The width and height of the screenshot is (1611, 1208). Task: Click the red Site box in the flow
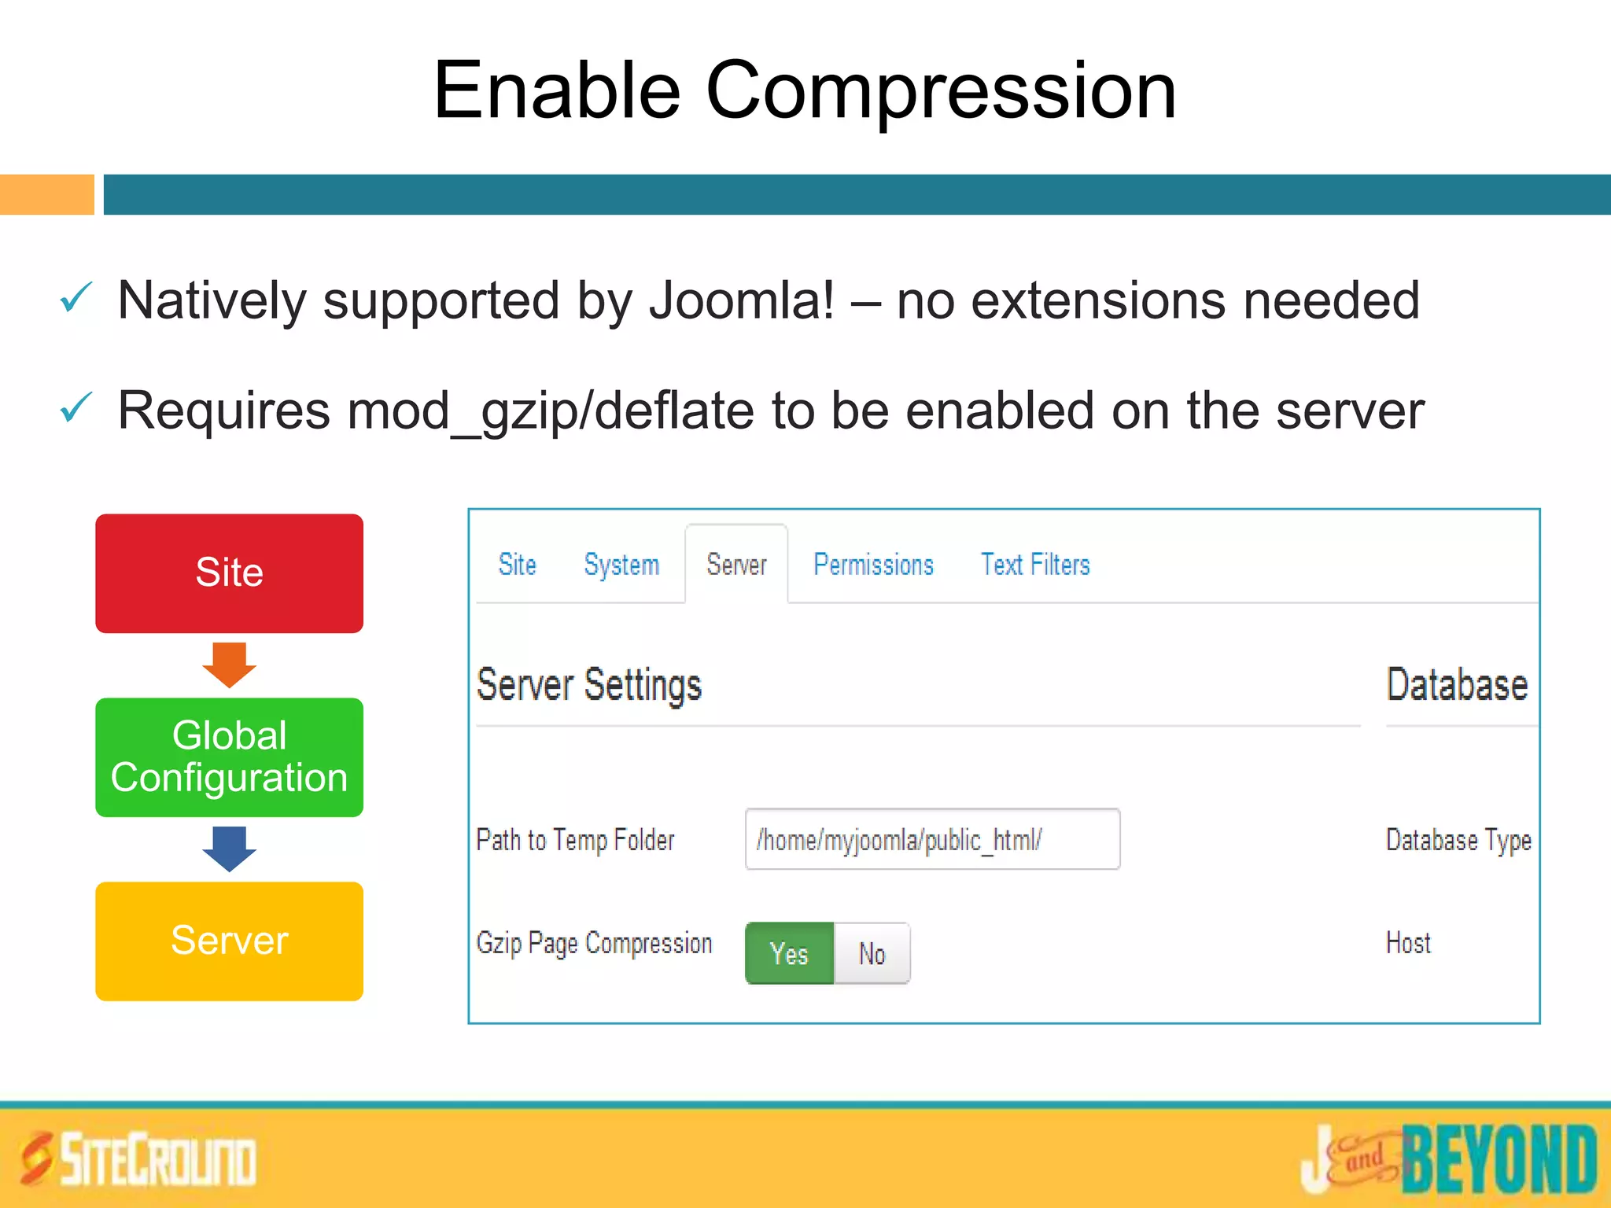[x=229, y=573]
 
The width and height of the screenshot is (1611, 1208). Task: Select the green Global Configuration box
[x=229, y=757]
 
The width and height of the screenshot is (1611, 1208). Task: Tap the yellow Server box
[x=229, y=941]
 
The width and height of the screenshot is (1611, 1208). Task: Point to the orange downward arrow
[x=229, y=665]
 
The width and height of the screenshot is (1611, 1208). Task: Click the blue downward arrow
[x=229, y=849]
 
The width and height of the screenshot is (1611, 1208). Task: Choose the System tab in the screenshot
[x=621, y=565]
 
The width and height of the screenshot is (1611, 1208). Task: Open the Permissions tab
[x=873, y=565]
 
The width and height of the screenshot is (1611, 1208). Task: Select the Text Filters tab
[x=1035, y=565]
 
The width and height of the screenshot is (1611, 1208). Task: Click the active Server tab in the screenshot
[x=736, y=565]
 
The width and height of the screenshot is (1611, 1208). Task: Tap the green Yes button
[x=789, y=953]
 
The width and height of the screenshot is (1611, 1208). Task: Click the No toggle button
[x=872, y=953]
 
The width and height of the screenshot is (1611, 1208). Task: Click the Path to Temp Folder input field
[x=932, y=839]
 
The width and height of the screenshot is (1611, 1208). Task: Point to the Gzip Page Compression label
[x=594, y=943]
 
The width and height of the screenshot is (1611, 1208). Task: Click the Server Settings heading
[x=589, y=685]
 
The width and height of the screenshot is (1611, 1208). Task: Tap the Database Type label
[x=1458, y=840]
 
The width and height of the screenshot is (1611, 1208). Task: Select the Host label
[x=1408, y=942]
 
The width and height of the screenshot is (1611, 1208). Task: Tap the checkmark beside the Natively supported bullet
[x=76, y=299]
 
